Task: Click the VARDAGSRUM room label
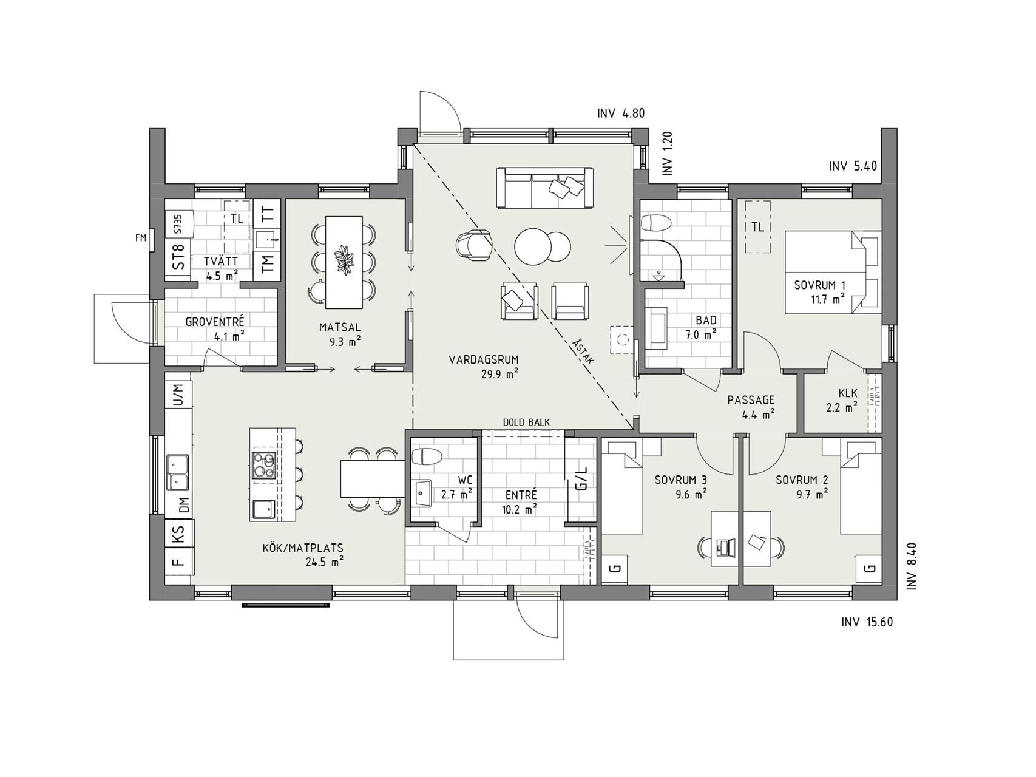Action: tap(484, 359)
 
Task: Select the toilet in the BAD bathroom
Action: tap(656, 224)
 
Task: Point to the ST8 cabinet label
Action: tap(178, 256)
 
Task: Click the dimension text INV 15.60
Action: tap(867, 622)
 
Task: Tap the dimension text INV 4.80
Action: tap(621, 113)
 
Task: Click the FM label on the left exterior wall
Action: tap(141, 239)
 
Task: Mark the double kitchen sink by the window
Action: tap(178, 472)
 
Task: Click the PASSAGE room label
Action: tap(751, 400)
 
